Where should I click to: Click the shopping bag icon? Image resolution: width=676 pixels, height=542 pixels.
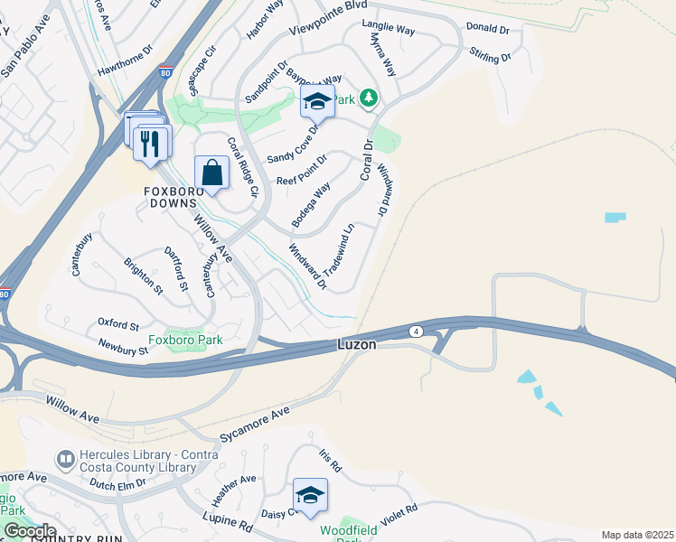pos(211,172)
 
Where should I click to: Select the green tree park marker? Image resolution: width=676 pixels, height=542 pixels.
pos(368,98)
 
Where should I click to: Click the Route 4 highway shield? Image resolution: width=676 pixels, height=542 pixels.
pos(416,331)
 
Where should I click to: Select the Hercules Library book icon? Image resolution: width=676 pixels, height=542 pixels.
pos(66,460)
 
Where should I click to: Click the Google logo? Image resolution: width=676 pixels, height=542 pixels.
pos(30,531)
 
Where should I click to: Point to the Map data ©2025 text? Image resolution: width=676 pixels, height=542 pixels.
pos(636,535)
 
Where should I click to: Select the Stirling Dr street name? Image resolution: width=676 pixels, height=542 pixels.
pos(491,59)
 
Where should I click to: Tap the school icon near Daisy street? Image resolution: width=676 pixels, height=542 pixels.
pos(310,495)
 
